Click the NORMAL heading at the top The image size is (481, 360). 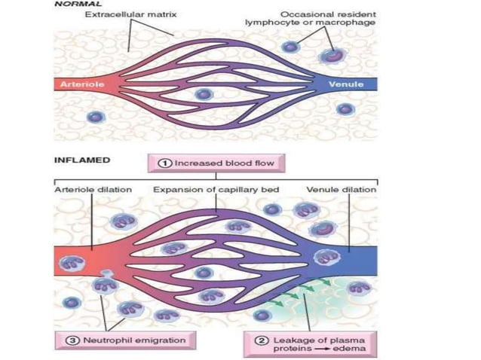(x=75, y=4)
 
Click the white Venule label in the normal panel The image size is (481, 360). (x=346, y=84)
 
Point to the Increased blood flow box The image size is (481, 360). (x=214, y=163)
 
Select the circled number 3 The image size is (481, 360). (x=63, y=340)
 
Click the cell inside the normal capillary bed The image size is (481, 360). (x=202, y=95)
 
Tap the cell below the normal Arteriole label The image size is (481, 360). (x=94, y=117)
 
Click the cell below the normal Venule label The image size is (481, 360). (x=345, y=108)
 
